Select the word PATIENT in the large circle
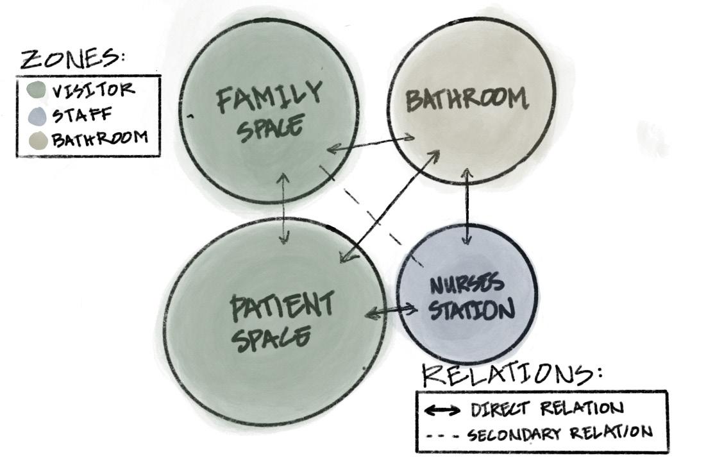coord(282,307)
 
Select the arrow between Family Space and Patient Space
coord(284,209)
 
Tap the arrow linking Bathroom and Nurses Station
coord(467,206)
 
